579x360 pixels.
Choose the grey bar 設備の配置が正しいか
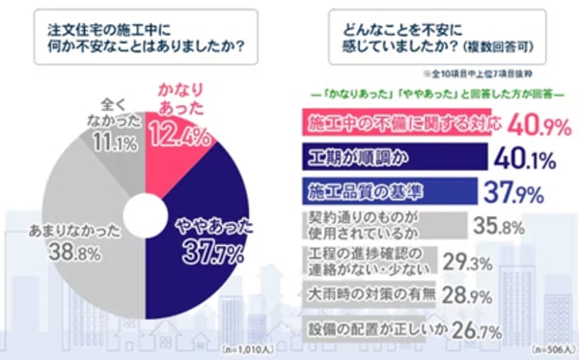click(357, 330)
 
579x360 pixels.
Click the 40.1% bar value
click(526, 157)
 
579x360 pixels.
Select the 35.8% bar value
click(499, 227)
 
